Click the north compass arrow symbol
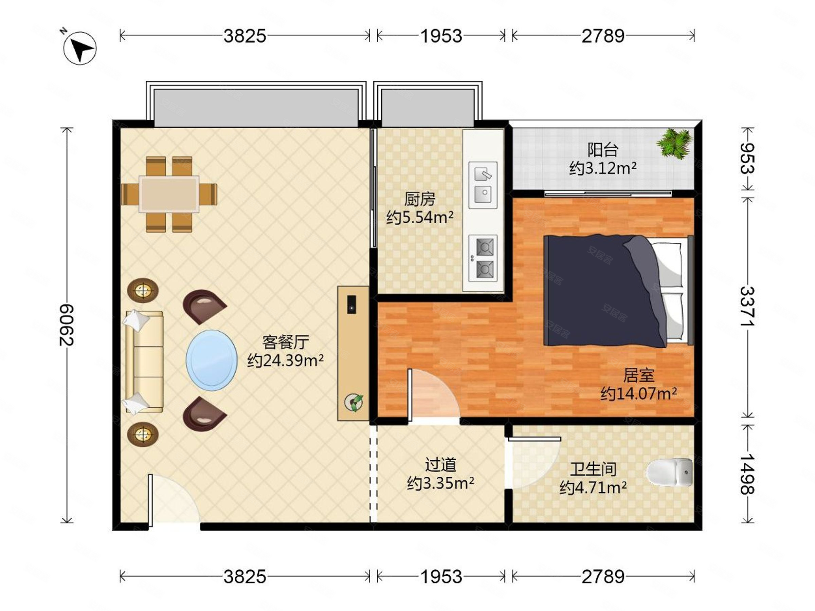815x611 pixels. coord(80,48)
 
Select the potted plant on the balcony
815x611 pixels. coord(674,144)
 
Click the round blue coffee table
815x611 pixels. coord(212,360)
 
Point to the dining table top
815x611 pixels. coord(169,194)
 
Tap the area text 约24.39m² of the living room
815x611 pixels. coord(285,360)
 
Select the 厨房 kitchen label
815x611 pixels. coord(420,199)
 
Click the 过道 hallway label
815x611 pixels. coord(441,465)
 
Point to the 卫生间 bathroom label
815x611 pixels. coord(593,469)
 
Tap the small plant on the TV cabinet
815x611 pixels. coord(354,403)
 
